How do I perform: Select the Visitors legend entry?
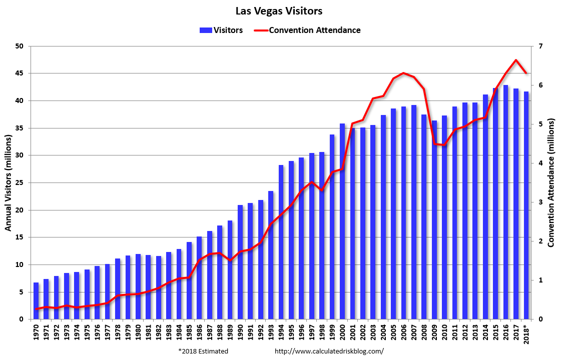pyautogui.click(x=221, y=30)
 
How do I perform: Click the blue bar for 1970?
pyautogui.click(x=36, y=300)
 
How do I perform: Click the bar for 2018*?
pyautogui.click(x=526, y=205)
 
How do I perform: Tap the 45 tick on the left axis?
pyautogui.click(x=20, y=73)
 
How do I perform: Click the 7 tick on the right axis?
pyautogui.click(x=541, y=46)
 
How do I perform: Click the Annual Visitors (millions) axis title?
pyautogui.click(x=9, y=182)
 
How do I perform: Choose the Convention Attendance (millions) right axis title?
pyautogui.click(x=551, y=182)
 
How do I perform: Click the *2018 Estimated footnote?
pyautogui.click(x=203, y=351)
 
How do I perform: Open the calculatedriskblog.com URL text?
pyautogui.click(x=329, y=351)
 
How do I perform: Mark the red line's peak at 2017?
pyautogui.click(x=516, y=60)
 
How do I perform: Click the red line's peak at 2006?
pyautogui.click(x=404, y=73)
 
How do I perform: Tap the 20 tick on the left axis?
pyautogui.click(x=20, y=210)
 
